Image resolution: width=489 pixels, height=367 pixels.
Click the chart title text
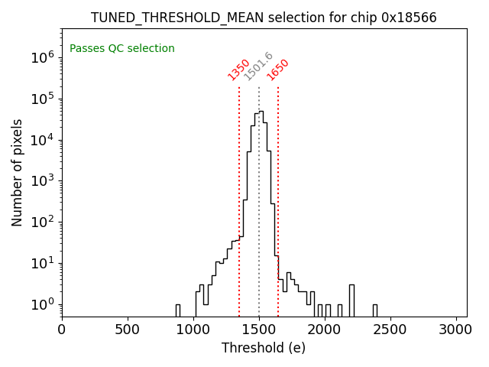[x=264, y=17]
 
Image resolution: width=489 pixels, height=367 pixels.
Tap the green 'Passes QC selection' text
[x=122, y=48]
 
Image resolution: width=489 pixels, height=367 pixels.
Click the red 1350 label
[x=239, y=69]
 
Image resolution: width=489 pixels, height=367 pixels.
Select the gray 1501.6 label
[x=258, y=67]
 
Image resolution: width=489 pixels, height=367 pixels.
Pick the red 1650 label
[x=278, y=69]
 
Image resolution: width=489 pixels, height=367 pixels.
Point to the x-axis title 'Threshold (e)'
[x=264, y=348]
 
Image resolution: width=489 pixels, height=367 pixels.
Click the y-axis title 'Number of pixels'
[x=17, y=172]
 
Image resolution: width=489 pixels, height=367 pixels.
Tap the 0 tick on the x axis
[x=62, y=330]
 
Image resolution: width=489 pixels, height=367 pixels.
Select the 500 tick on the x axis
[x=128, y=330]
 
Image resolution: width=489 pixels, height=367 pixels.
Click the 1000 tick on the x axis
[x=193, y=330]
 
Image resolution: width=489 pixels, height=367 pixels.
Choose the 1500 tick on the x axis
[x=259, y=330]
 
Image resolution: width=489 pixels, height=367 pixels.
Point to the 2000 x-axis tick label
[x=325, y=330]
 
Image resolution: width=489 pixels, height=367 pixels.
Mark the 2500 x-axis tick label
[x=390, y=330]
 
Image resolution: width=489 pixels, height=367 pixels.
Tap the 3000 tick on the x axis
[x=456, y=330]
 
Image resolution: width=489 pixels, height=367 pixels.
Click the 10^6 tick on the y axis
[x=42, y=57]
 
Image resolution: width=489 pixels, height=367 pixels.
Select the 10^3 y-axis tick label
[x=42, y=181]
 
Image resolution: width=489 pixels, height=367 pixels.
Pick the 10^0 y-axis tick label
[x=42, y=305]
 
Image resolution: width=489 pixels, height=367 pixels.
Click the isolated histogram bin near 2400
[x=375, y=310]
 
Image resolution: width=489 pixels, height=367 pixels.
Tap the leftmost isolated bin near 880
[x=178, y=310]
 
